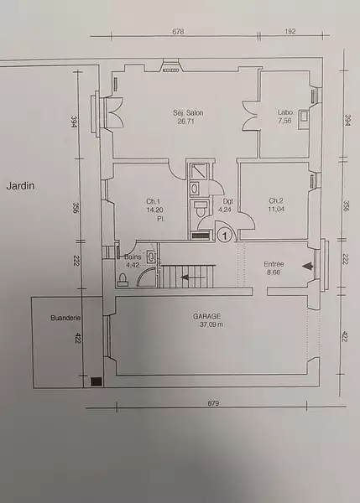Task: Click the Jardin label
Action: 20,186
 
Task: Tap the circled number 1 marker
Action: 225,236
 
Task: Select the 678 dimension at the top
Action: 178,32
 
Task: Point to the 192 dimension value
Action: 290,32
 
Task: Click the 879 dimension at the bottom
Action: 213,403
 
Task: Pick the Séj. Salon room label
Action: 188,113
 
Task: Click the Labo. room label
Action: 285,112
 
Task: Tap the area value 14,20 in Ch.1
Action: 154,210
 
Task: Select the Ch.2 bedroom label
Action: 276,201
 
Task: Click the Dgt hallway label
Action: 228,201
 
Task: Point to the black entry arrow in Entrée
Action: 307,266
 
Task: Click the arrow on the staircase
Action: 193,277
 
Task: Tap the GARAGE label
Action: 206,316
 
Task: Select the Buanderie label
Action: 65,318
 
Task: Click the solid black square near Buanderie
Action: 97,381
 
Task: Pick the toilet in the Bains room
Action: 123,280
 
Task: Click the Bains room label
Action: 133,257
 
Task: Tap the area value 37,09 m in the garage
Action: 211,324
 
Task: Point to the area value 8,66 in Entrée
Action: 273,272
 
